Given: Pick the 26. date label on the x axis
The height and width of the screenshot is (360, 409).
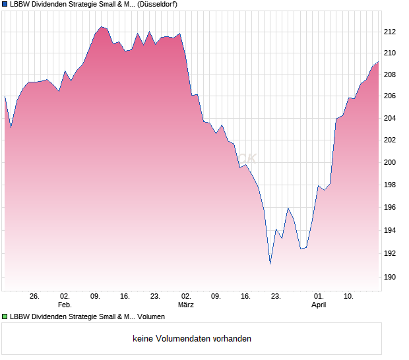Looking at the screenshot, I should (35, 297).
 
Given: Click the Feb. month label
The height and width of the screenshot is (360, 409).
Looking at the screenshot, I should (65, 305).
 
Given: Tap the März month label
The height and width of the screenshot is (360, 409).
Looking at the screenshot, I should (186, 305).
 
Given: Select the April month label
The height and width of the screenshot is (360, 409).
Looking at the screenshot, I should (319, 305).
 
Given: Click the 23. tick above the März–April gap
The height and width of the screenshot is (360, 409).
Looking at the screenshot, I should (276, 297).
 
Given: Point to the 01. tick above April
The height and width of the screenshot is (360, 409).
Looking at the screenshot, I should (319, 297).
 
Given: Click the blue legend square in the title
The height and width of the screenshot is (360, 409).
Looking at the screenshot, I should (5, 5).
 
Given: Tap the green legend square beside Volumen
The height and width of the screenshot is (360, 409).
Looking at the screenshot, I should (5, 317).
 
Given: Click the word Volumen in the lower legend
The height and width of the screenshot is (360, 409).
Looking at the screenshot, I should (151, 317).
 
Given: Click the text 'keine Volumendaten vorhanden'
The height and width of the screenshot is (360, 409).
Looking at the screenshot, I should (192, 339).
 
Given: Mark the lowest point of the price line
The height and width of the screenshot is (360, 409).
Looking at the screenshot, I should (270, 264).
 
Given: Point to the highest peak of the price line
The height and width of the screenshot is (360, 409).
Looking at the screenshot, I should (101, 26).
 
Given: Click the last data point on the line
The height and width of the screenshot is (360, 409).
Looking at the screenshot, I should (378, 62).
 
